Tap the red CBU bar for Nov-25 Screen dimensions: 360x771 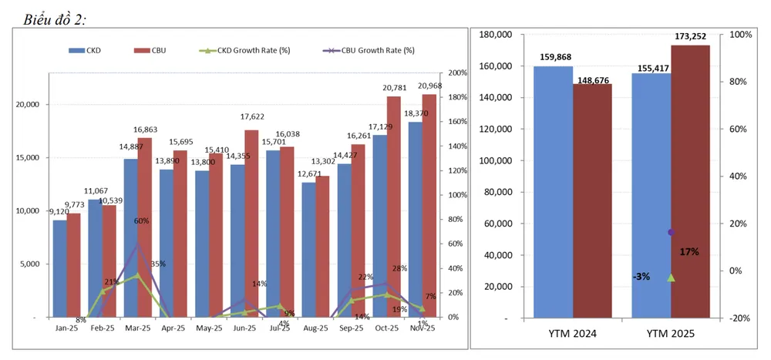(x=429, y=205)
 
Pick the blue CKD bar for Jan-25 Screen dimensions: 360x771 (x=59, y=268)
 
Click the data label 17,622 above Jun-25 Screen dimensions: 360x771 (x=251, y=117)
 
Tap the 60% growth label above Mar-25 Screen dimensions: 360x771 (x=141, y=220)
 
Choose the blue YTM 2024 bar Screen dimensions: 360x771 (x=553, y=191)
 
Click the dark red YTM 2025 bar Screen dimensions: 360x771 (x=690, y=181)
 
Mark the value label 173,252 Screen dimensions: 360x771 (x=689, y=37)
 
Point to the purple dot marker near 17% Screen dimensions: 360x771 (x=671, y=232)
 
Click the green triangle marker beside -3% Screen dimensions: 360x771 (x=671, y=278)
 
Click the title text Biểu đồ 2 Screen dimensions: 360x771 (x=54, y=17)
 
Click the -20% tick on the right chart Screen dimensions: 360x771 (x=741, y=318)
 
